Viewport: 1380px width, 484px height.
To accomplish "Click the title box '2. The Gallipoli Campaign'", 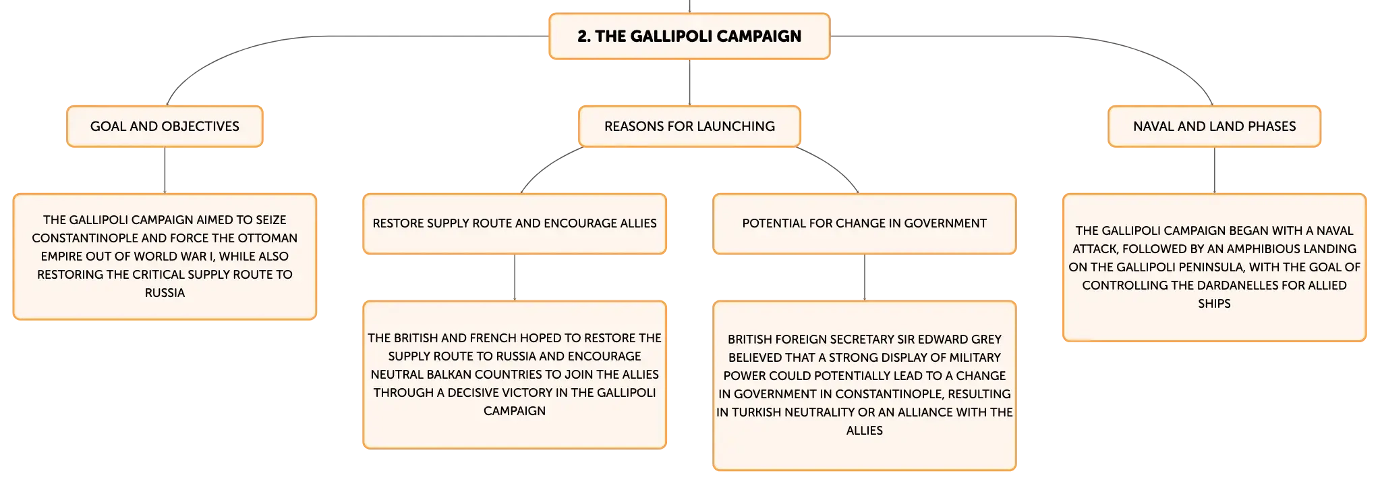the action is click(x=689, y=36).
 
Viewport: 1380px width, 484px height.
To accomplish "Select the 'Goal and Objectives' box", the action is click(x=165, y=126).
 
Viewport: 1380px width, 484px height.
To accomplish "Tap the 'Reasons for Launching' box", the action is click(x=689, y=126).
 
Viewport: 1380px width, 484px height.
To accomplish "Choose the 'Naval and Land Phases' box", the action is click(x=1214, y=126).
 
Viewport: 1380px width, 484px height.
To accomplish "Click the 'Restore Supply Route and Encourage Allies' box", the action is click(x=515, y=224).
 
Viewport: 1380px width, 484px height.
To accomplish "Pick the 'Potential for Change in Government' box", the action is click(x=865, y=224).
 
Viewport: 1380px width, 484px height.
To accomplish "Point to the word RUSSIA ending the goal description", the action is click(x=165, y=293).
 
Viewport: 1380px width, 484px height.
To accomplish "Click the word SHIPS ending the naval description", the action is click(x=1214, y=304).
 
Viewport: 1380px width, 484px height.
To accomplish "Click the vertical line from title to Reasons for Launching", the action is click(x=689, y=82).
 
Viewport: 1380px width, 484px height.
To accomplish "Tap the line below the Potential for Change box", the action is click(x=865, y=277).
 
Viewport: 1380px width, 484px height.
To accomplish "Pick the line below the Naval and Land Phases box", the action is click(x=1214, y=170).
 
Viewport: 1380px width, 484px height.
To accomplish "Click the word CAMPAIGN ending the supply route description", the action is click(x=515, y=411).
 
